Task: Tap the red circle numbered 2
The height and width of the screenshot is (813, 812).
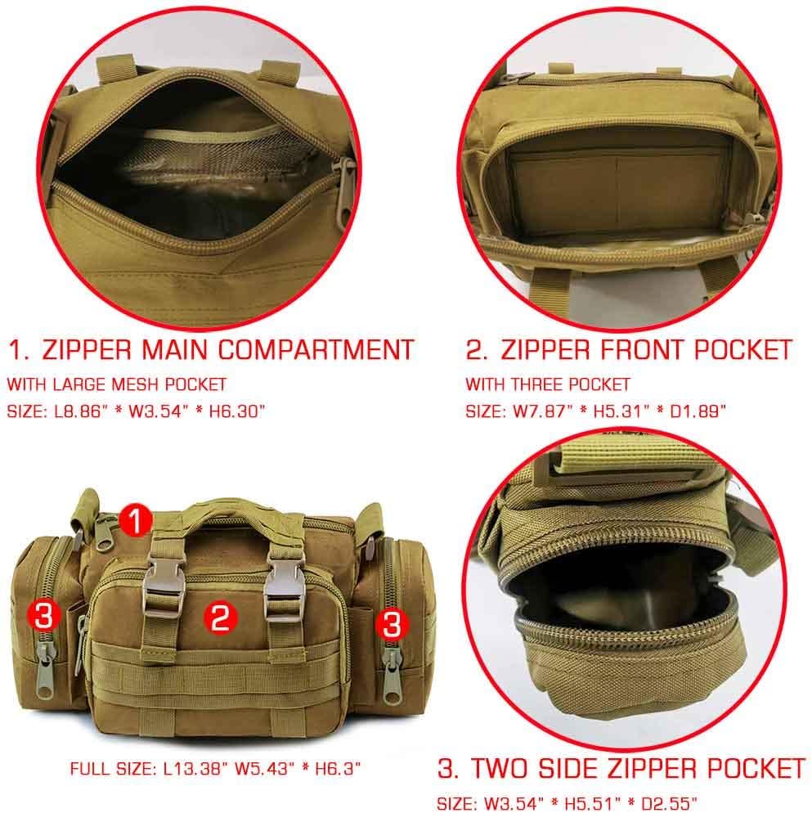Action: coord(219,618)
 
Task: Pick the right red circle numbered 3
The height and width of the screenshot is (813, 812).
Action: coord(392,626)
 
